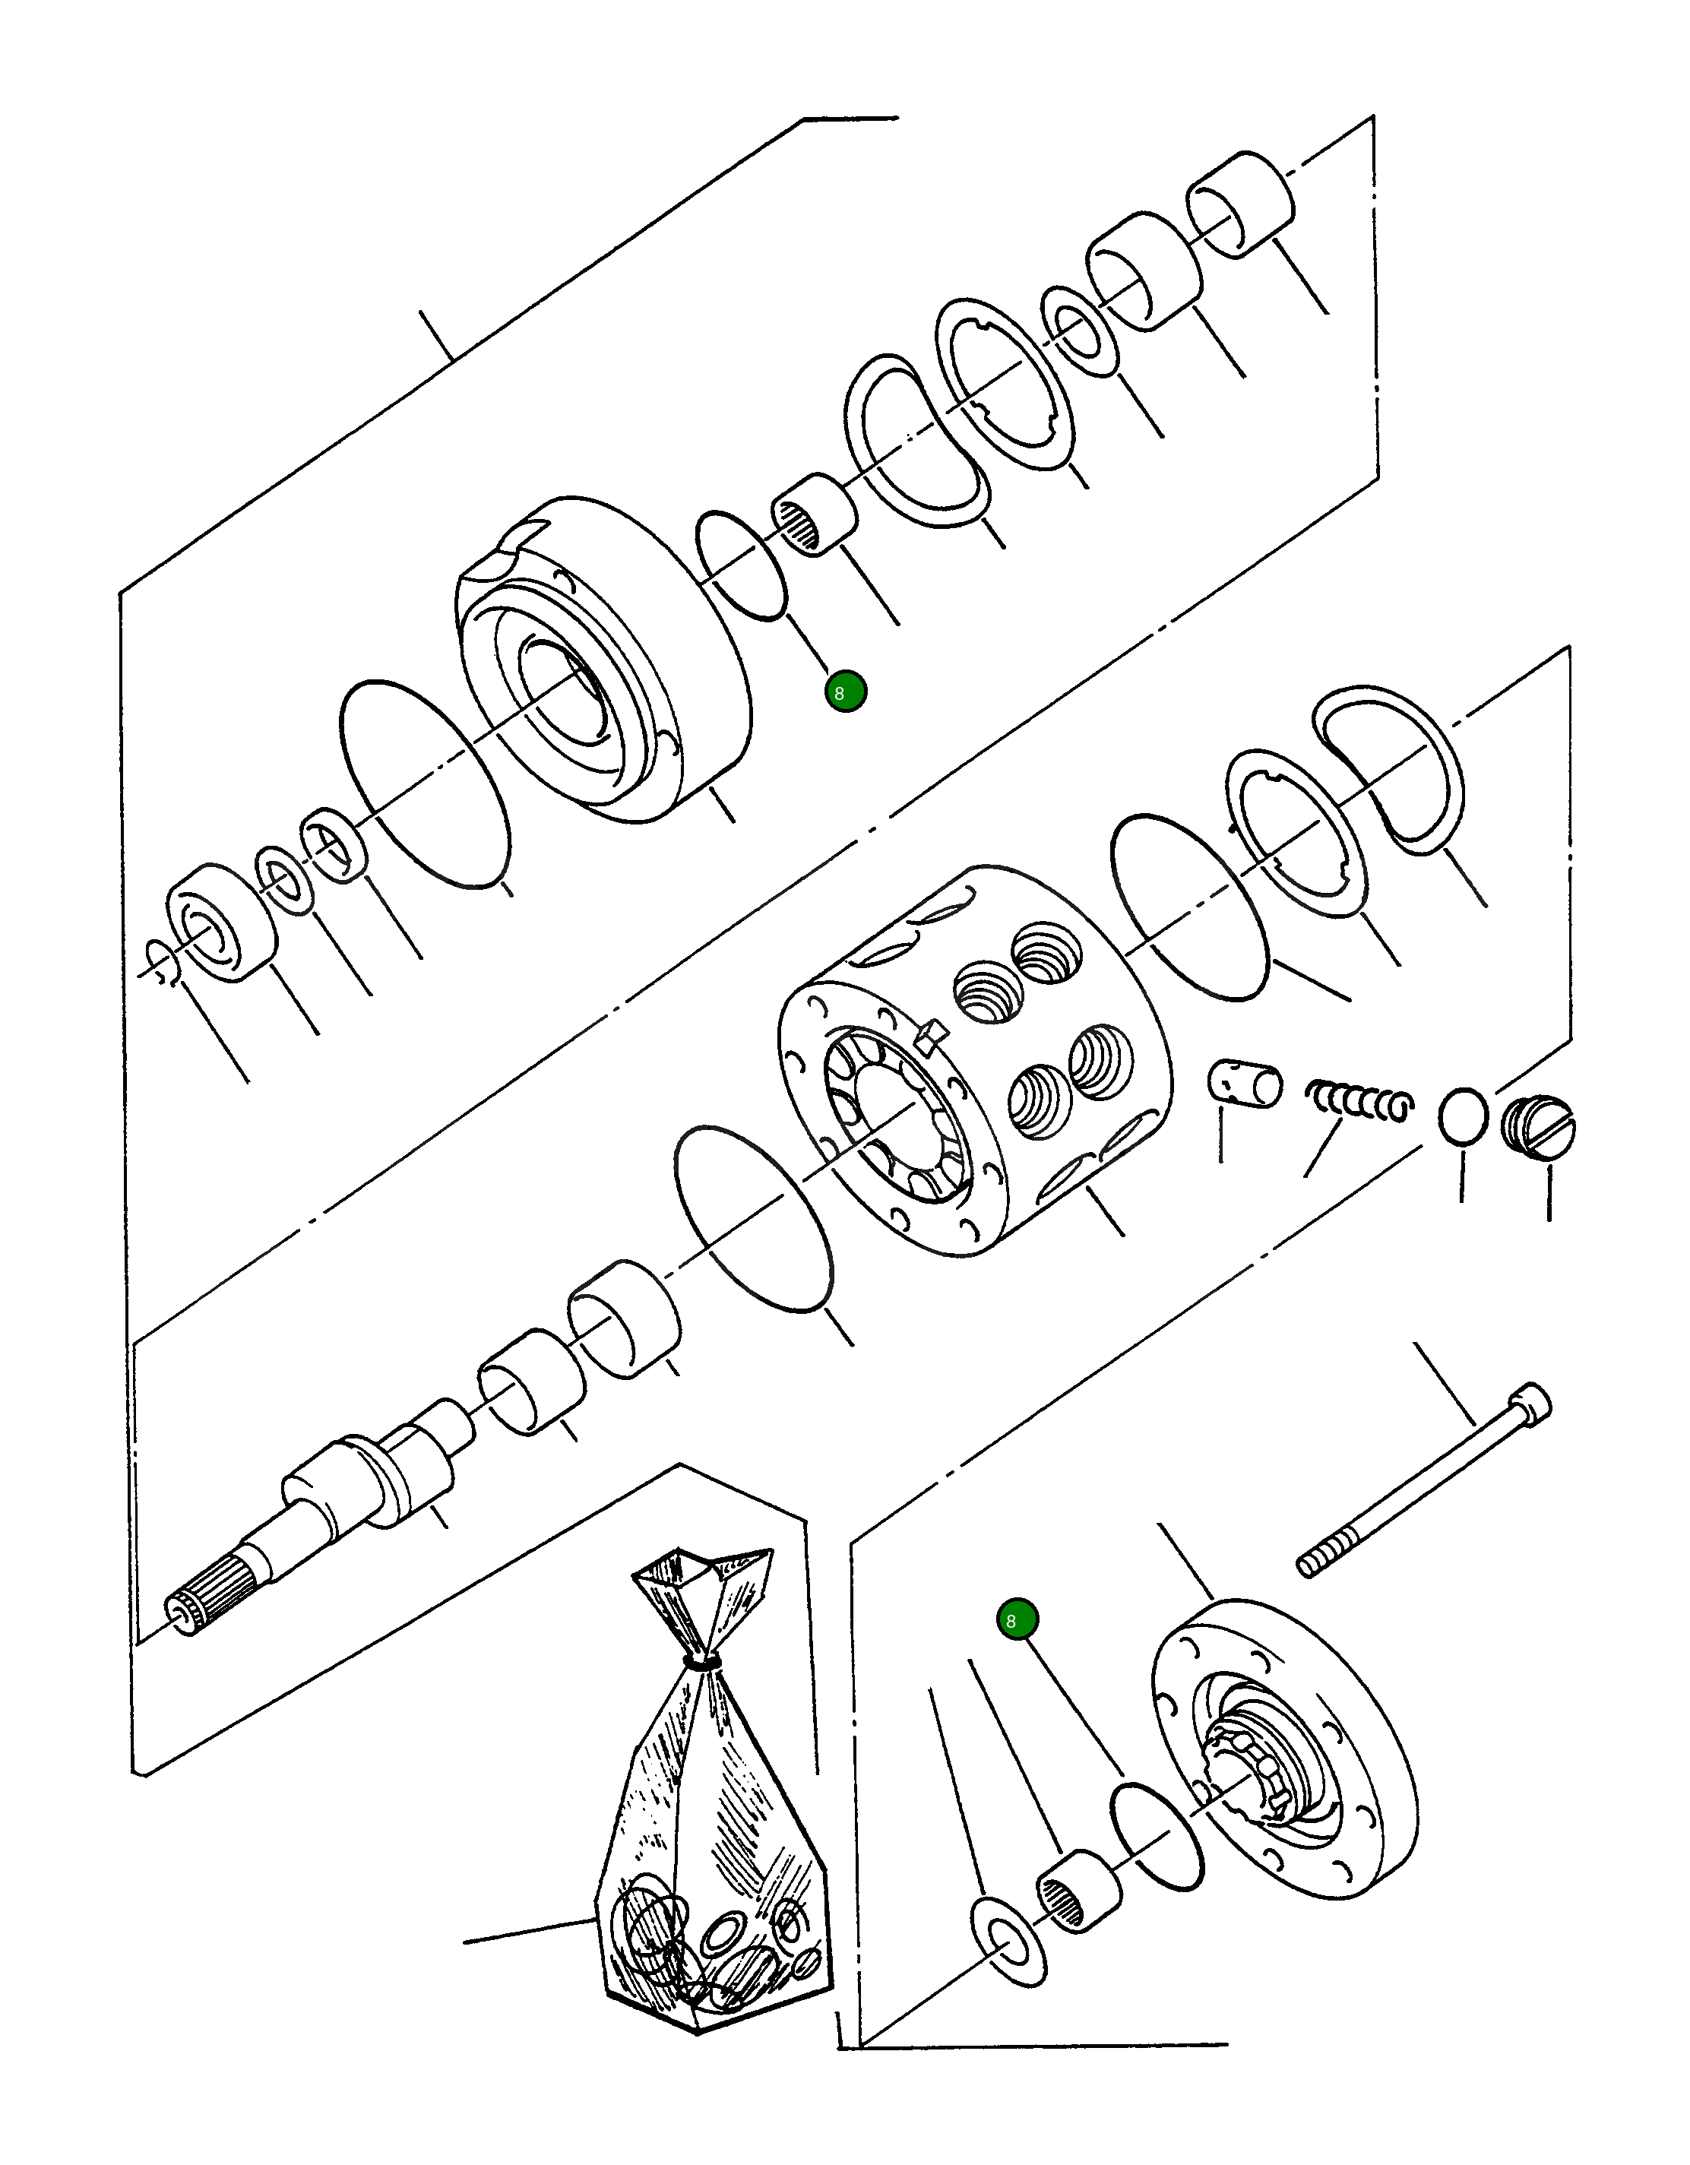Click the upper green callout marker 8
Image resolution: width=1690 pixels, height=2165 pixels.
[x=844, y=692]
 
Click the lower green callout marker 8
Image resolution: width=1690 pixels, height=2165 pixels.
[x=1017, y=1620]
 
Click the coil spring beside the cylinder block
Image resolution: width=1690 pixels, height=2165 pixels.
[x=1358, y=1101]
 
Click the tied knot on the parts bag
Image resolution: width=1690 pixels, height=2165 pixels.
[x=703, y=1663]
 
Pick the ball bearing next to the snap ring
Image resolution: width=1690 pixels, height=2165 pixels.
[x=222, y=922]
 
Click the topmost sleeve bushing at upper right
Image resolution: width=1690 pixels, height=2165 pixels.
[x=1241, y=204]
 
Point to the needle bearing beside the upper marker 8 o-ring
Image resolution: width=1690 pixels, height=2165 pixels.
[x=814, y=514]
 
